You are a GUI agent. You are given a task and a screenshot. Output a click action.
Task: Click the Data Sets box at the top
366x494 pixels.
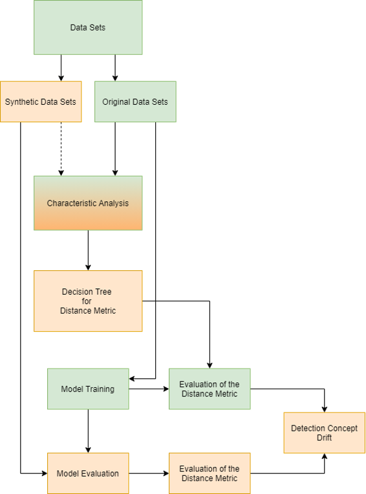88,27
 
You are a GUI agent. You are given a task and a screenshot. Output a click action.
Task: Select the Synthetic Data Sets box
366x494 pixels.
41,102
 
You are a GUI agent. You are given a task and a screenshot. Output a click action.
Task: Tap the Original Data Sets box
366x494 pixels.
135,102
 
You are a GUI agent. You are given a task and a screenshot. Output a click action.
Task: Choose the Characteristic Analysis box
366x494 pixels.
88,203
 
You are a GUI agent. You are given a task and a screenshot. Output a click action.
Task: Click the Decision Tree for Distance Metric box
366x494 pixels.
88,301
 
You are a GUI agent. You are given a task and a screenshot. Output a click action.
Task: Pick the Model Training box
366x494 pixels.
88,389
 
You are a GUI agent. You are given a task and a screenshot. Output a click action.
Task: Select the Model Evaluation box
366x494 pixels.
88,473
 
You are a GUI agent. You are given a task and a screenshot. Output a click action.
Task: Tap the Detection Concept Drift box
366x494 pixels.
325,433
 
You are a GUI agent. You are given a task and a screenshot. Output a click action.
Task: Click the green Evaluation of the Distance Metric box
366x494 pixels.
210,389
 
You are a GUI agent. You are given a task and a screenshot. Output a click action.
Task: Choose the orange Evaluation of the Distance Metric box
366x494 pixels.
210,473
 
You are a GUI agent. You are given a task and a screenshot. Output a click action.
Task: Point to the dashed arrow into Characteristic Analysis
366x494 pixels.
61,149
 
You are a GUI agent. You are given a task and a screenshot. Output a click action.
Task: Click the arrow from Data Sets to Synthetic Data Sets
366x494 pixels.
61,68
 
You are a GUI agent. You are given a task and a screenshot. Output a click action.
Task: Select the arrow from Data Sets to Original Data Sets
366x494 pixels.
115,68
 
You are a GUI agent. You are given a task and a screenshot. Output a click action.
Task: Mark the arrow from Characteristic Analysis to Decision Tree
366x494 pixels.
88,250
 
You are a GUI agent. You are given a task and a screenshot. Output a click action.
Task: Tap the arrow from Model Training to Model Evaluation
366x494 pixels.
88,431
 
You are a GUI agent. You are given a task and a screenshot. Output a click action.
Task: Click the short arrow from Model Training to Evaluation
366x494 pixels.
149,389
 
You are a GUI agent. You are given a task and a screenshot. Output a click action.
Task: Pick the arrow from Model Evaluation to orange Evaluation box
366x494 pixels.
149,473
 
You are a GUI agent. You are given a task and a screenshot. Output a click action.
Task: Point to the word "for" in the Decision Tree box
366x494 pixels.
87,301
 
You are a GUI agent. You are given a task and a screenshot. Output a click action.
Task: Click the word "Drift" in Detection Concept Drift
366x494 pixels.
324,438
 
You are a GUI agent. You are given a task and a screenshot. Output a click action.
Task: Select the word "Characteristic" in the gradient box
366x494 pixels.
66,203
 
